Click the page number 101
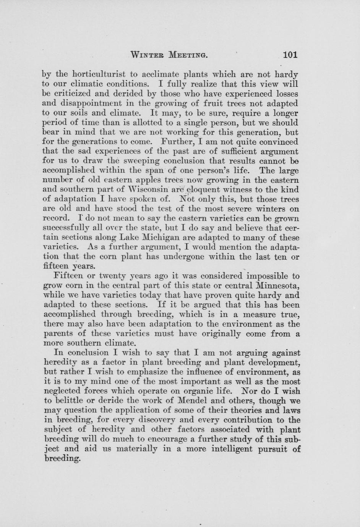coord(290,55)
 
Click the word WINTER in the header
coord(148,55)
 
